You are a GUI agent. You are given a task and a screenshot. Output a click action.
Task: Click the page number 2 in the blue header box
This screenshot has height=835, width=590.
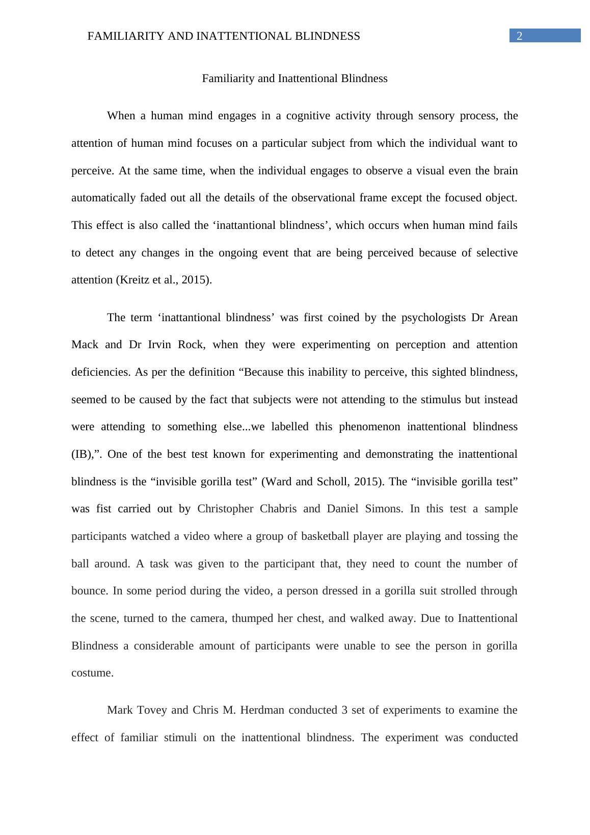point(520,36)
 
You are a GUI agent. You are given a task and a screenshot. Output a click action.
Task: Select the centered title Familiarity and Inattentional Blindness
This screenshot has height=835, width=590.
point(294,79)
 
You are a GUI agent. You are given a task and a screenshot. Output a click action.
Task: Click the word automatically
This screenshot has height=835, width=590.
point(104,198)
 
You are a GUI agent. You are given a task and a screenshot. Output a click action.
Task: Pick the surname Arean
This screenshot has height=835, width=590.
point(503,318)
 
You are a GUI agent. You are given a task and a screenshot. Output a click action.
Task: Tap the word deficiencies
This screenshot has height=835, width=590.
point(101,372)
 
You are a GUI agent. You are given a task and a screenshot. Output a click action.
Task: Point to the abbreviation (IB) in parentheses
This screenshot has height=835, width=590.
point(82,454)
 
